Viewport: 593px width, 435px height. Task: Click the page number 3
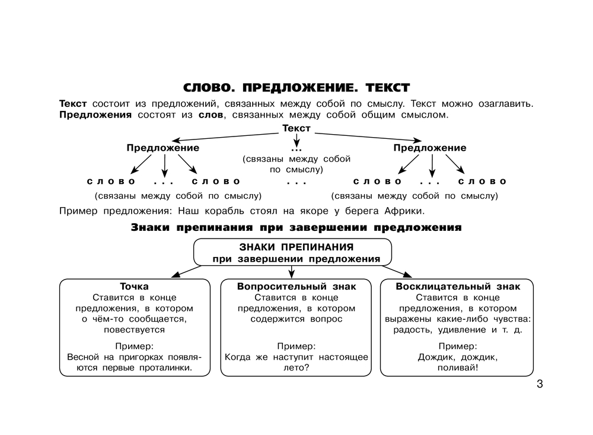539,384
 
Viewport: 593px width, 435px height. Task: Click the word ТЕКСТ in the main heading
387,88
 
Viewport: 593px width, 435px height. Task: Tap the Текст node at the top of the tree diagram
296,128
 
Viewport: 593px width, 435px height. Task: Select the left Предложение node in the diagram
162,148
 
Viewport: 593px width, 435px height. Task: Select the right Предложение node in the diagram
430,148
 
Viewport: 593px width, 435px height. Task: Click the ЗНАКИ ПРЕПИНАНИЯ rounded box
293,252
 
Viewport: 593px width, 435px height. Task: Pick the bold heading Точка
135,286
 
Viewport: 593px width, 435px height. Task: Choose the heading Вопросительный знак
296,286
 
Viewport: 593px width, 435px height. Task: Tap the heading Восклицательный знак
458,286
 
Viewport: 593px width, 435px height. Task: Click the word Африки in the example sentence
405,211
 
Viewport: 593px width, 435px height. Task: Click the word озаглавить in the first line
505,103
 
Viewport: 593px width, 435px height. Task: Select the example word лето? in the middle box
296,368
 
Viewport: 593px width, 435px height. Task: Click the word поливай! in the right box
458,368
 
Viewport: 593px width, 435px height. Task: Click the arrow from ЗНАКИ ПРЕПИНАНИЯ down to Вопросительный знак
292,271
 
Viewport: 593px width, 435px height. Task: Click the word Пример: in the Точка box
135,346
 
